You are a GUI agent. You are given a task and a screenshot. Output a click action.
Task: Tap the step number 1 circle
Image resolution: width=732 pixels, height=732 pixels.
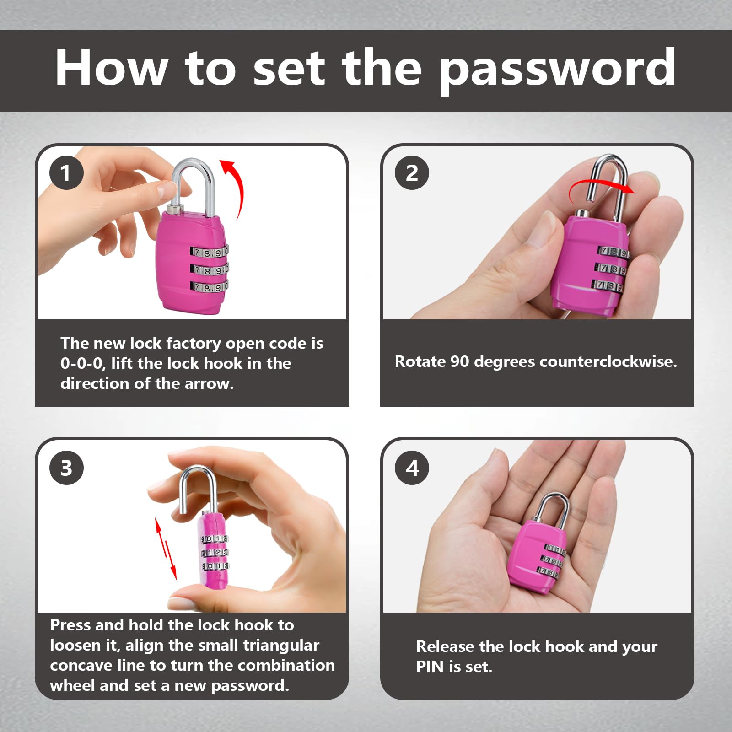click(x=66, y=172)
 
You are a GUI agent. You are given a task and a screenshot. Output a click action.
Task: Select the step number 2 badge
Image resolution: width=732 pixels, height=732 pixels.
click(x=412, y=172)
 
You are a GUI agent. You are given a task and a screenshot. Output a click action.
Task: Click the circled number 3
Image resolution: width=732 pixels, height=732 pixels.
click(x=66, y=468)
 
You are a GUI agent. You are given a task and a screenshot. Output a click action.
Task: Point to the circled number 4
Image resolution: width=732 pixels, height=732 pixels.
click(x=412, y=468)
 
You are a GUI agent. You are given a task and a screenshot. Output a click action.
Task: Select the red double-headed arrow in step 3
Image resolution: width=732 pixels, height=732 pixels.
click(x=165, y=549)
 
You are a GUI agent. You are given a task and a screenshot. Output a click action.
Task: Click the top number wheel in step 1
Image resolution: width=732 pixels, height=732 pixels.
click(x=209, y=253)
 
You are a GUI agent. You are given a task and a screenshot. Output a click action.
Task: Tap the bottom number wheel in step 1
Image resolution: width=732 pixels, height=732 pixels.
click(x=209, y=287)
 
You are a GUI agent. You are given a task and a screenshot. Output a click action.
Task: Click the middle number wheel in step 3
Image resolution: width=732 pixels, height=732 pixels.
click(x=214, y=553)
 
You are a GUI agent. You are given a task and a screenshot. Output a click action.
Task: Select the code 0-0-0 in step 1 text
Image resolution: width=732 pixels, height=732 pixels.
click(x=82, y=364)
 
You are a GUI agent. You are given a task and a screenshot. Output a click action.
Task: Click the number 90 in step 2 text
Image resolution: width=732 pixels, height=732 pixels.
click(x=460, y=362)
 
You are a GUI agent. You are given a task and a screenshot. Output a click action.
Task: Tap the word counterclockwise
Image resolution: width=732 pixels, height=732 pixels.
click(x=608, y=362)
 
